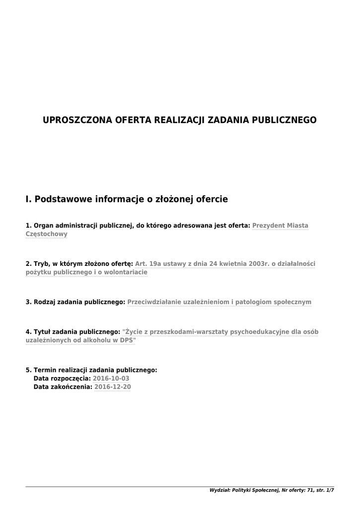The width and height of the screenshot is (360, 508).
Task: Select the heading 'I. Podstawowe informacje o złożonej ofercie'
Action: click(127, 199)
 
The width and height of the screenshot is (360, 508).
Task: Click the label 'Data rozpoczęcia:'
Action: click(62, 379)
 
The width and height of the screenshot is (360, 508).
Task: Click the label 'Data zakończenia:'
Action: click(63, 387)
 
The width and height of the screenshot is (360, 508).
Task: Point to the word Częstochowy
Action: click(46, 234)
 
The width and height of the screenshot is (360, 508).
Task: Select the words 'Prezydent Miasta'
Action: click(280, 225)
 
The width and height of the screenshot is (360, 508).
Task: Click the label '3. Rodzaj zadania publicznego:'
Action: click(75, 302)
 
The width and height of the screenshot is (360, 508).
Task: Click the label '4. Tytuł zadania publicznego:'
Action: click(72, 331)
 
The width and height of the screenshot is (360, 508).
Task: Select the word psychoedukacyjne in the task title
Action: click(260, 331)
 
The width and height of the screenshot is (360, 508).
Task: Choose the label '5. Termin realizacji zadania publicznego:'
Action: click(91, 370)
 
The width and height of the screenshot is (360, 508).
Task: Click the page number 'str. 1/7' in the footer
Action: click(325, 490)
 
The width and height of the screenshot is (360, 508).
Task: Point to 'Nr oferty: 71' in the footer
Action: click(297, 490)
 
